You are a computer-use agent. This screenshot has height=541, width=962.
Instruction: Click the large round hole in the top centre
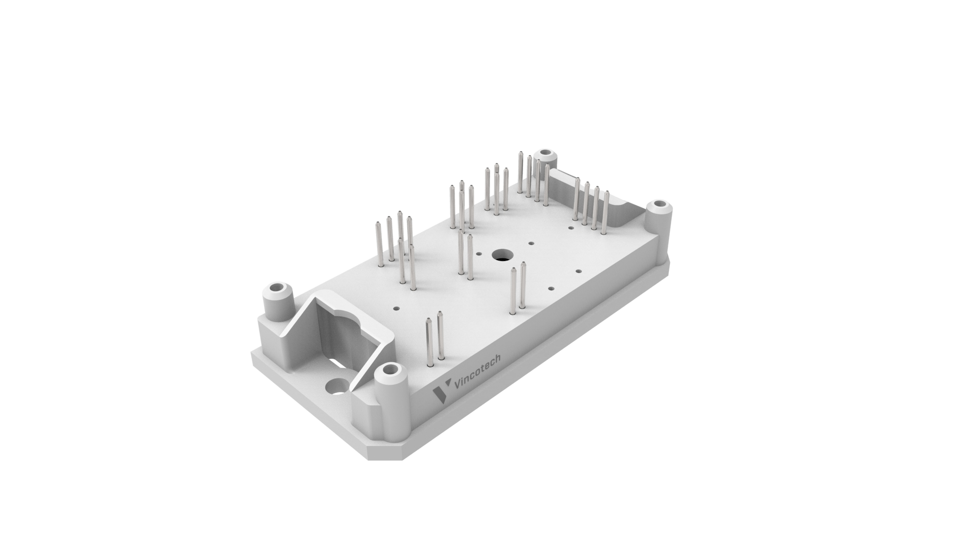[500, 255]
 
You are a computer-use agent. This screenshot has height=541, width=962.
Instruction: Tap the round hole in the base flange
[336, 387]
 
